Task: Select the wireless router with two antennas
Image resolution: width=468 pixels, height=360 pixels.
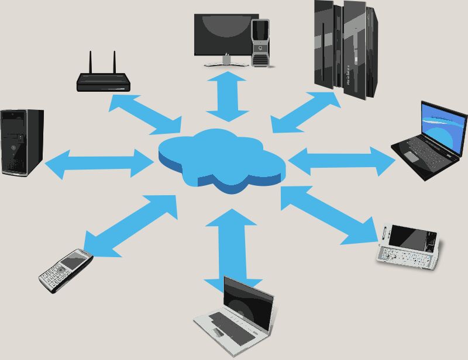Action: (104, 81)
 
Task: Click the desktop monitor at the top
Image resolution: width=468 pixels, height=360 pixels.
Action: (226, 36)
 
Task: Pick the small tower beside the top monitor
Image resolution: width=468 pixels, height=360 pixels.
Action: (261, 41)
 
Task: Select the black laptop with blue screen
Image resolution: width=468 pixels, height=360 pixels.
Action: (430, 141)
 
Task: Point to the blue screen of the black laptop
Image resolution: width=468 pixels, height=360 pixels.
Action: (444, 126)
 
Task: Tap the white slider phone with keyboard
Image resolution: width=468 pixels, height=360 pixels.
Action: (409, 246)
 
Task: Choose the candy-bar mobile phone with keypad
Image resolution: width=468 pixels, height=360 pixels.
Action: (66, 269)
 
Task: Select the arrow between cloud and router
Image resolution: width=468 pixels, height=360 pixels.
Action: (144, 113)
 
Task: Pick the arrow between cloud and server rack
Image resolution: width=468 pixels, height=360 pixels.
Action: (306, 112)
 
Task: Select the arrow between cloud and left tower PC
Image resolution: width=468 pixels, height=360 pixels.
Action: (99, 164)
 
